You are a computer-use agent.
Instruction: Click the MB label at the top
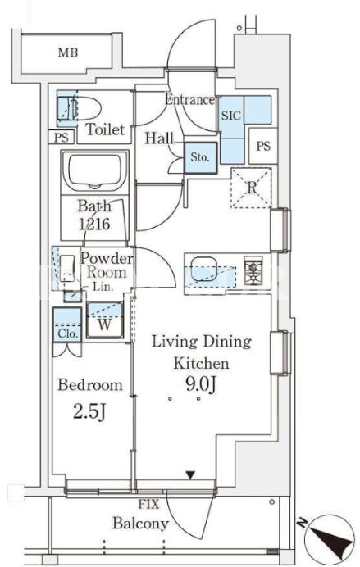point(68,52)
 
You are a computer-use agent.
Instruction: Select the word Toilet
point(105,129)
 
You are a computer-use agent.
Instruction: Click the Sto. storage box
point(200,157)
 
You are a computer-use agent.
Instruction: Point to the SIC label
point(230,116)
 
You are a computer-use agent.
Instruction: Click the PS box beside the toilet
point(62,138)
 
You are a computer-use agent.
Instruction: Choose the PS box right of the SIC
point(263,146)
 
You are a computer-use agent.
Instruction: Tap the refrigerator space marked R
point(251,188)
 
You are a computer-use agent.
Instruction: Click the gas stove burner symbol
point(253,269)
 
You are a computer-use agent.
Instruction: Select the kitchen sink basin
point(203,269)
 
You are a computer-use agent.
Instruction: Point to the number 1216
point(94,225)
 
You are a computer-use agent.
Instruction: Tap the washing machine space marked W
point(105,320)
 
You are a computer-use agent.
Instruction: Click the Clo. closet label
point(67,334)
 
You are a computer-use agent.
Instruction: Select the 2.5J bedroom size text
point(89,412)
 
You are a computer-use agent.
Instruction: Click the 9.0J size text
point(201,385)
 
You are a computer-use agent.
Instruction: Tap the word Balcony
point(140,524)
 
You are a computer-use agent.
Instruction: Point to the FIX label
point(148,504)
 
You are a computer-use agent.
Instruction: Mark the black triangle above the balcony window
point(190,474)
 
